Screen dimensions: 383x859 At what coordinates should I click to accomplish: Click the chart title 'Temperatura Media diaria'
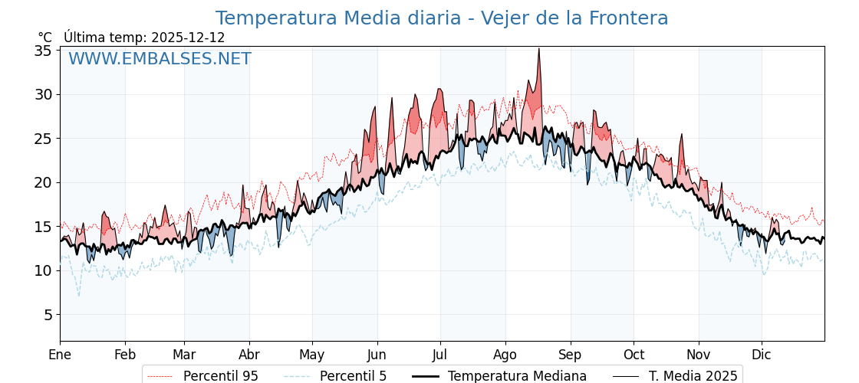(x=441, y=18)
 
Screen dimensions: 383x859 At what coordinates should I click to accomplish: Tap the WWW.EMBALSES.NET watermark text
(x=160, y=59)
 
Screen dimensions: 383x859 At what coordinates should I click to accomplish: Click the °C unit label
(x=45, y=38)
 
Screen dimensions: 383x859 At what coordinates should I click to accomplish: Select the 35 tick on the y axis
(x=44, y=51)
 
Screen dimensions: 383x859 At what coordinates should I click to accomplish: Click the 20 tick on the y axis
(x=44, y=182)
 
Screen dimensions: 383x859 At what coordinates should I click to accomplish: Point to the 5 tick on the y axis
(x=48, y=315)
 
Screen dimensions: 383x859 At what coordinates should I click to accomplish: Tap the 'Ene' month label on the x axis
(x=60, y=355)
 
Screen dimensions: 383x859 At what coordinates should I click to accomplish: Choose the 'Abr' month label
(x=249, y=355)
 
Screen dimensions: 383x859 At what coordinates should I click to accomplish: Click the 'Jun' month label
(x=377, y=355)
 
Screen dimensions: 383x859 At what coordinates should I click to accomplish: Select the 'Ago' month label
(x=505, y=355)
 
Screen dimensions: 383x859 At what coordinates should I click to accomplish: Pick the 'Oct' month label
(x=634, y=355)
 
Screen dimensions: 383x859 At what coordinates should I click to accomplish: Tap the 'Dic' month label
(x=762, y=355)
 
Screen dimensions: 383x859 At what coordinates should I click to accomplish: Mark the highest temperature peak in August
(x=538, y=49)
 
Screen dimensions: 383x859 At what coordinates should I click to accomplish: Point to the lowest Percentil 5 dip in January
(x=78, y=296)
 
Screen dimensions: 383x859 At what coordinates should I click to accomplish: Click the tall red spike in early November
(x=681, y=135)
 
